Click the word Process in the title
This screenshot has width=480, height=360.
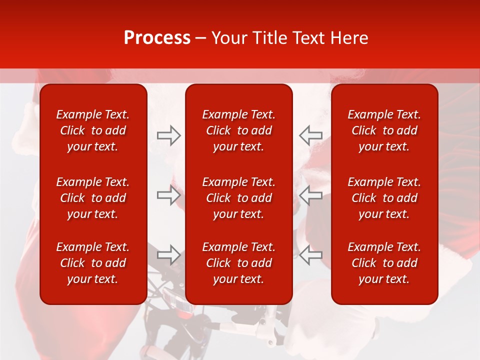(157, 38)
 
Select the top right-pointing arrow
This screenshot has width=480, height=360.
(168, 135)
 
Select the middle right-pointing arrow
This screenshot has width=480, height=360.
(168, 195)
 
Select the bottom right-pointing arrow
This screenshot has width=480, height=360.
(168, 254)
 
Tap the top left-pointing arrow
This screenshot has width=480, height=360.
(311, 135)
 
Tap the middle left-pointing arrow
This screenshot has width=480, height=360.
(311, 195)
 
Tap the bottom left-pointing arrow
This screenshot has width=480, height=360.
(311, 254)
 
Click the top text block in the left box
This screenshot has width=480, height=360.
(93, 130)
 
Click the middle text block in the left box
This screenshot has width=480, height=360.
(93, 198)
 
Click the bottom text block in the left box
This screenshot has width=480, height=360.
(93, 263)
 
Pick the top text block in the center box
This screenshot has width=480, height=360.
(239, 130)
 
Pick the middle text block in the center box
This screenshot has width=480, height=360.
(239, 198)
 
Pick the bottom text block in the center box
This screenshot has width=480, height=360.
(239, 263)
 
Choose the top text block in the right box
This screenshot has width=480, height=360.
(384, 130)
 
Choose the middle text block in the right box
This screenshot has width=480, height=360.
(384, 198)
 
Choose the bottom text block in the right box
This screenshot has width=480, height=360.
(384, 263)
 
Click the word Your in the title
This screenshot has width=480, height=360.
(228, 38)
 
